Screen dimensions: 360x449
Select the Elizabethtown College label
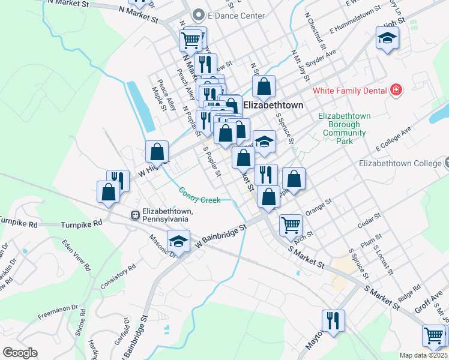400,163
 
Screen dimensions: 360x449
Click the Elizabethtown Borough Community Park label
345,128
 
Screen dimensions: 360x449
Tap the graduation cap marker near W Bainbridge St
178,241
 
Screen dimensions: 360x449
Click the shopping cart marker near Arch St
291,225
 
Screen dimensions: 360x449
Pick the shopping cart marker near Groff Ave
433,335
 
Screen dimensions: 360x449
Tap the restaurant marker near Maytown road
333,320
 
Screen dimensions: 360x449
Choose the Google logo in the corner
20,353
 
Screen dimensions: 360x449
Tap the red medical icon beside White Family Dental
396,91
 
